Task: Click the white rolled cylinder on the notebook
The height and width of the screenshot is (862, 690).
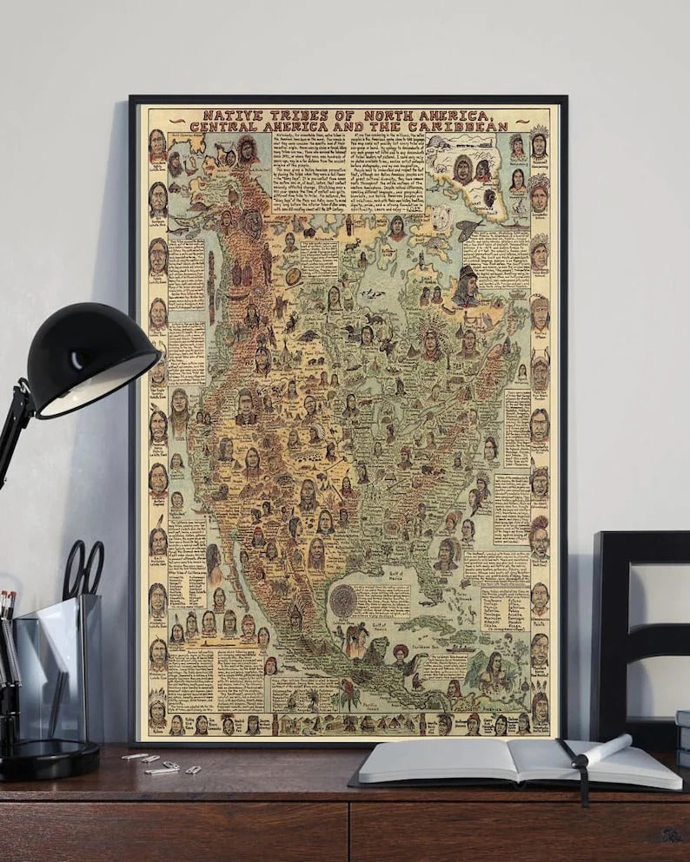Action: (605, 747)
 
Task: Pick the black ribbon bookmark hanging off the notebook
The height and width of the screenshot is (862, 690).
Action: (579, 769)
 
